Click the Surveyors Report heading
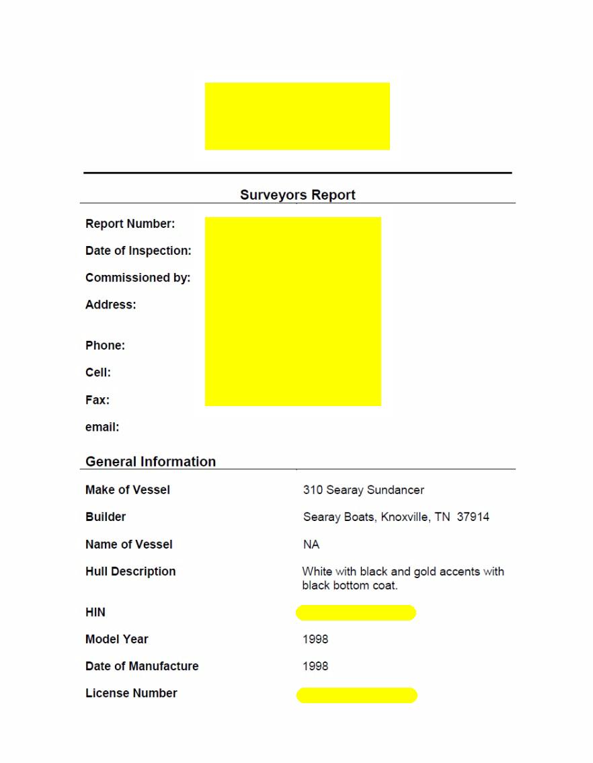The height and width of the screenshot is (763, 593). [297, 195]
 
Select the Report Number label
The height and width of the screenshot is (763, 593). [130, 224]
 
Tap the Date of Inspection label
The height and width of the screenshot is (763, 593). [138, 251]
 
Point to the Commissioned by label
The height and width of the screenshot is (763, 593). [138, 278]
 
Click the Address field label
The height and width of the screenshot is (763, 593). [110, 305]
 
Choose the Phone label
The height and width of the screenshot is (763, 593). [105, 346]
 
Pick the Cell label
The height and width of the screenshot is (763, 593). [98, 372]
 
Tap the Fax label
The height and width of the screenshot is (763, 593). [97, 400]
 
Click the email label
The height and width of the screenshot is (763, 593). [102, 427]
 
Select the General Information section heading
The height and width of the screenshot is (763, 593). [151, 462]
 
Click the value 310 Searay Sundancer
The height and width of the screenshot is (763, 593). [363, 490]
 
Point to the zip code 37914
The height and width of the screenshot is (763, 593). [473, 517]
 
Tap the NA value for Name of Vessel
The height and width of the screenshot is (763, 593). [311, 545]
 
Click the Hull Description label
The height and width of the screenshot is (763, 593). [130, 571]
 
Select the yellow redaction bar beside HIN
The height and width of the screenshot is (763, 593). [356, 612]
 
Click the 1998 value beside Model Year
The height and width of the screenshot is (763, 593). [315, 639]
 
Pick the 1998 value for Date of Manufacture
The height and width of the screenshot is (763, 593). [315, 666]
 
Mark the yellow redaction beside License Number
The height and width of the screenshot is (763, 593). [356, 695]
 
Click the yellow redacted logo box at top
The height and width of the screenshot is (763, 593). [297, 116]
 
